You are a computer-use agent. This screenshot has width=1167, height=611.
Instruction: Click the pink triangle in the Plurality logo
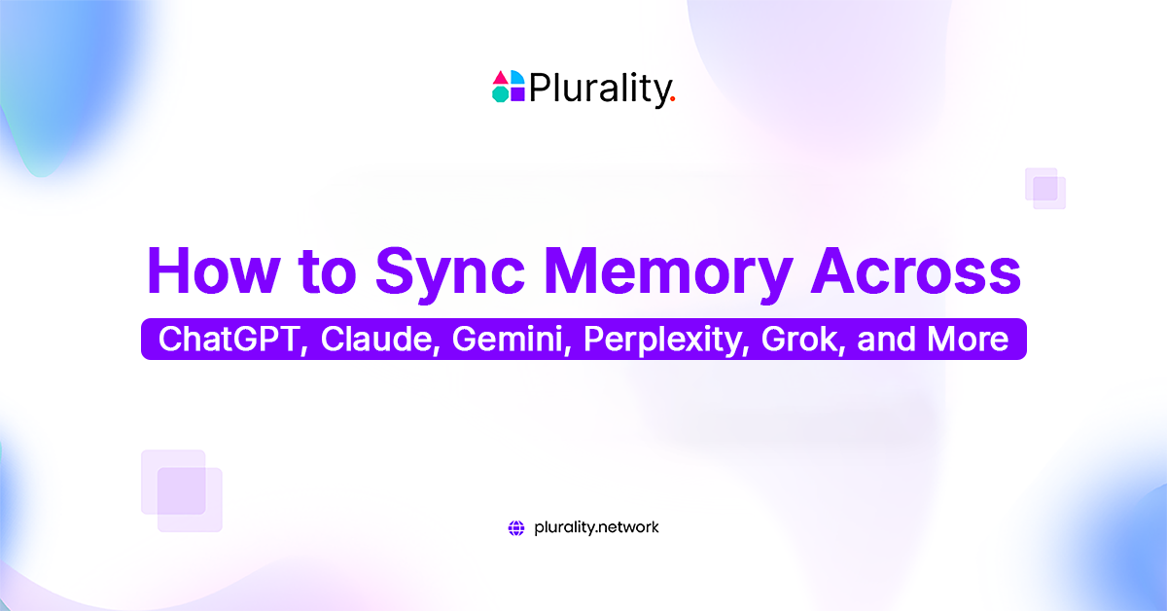500,78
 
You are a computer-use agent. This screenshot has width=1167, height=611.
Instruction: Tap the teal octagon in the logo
500,94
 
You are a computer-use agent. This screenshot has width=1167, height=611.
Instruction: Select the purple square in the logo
516,94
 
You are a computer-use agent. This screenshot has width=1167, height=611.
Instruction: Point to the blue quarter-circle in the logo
516,78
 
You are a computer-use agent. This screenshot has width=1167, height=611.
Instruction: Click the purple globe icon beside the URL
516,528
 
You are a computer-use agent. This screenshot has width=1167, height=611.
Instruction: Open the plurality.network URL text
596,527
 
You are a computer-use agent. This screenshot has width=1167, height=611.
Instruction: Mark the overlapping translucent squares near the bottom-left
182,490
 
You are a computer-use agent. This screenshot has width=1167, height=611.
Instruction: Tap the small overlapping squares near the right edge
1045,188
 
